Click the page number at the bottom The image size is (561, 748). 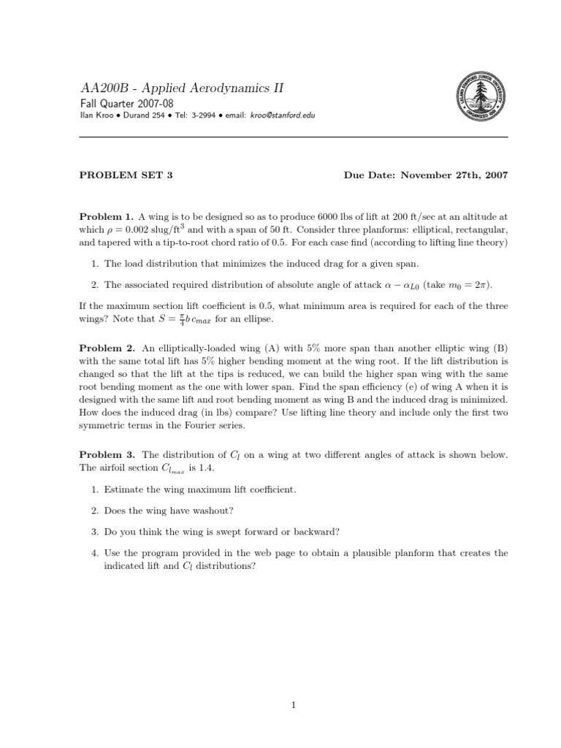point(293,705)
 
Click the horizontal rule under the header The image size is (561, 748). point(293,137)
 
